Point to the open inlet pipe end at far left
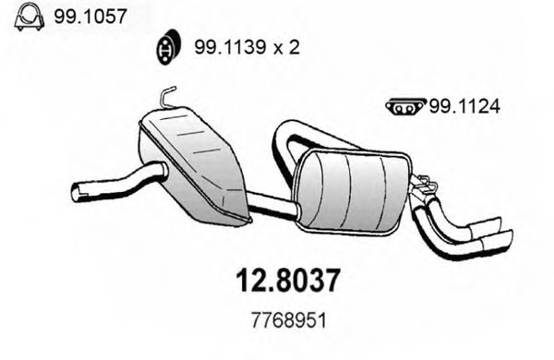coord(78,192)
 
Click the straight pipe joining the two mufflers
coord(271,207)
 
